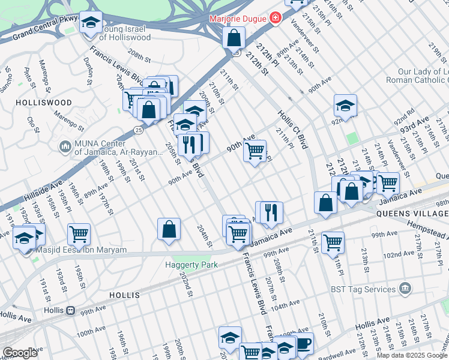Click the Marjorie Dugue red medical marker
pos(276,18)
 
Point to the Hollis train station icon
pos(70,311)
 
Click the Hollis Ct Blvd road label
pos(292,130)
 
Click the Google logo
pos(20,353)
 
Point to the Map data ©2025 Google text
pos(412,355)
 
